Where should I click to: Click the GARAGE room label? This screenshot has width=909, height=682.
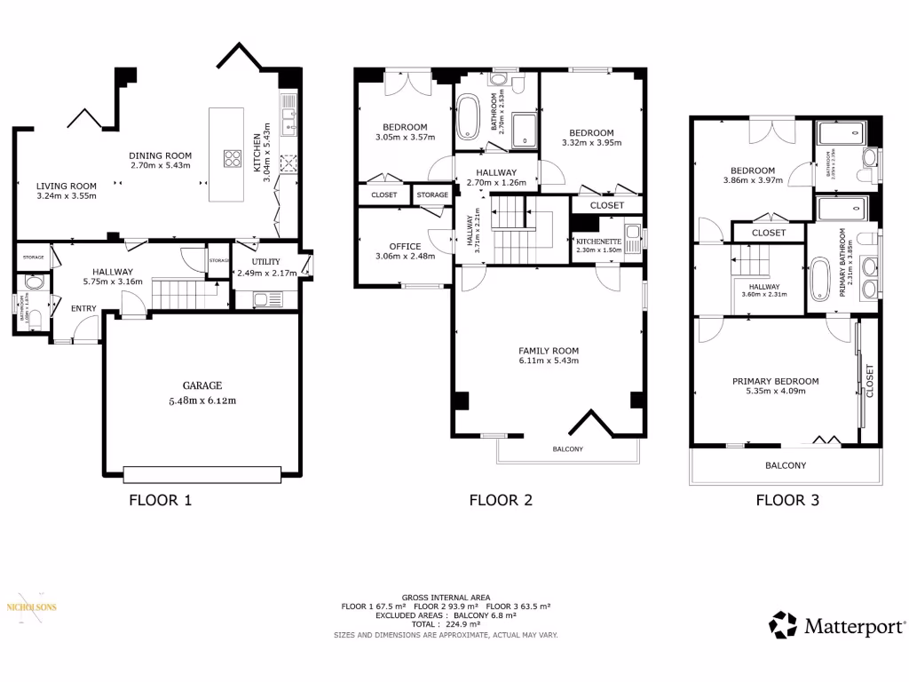click(202, 385)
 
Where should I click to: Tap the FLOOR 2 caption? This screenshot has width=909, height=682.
click(501, 500)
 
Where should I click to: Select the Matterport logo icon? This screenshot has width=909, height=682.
click(783, 624)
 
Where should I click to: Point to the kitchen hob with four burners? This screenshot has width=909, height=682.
click(233, 159)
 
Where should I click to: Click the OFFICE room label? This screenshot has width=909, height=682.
click(405, 247)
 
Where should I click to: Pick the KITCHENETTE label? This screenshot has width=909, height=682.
click(597, 242)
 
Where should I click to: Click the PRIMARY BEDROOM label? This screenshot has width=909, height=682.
click(775, 381)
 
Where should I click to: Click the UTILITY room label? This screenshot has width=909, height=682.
click(265, 262)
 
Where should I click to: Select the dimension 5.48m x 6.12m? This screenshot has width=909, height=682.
click(202, 400)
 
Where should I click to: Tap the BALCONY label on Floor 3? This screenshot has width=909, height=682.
click(786, 465)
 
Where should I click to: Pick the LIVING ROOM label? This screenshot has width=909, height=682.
click(67, 186)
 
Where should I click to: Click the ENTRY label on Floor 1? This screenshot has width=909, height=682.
click(84, 308)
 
